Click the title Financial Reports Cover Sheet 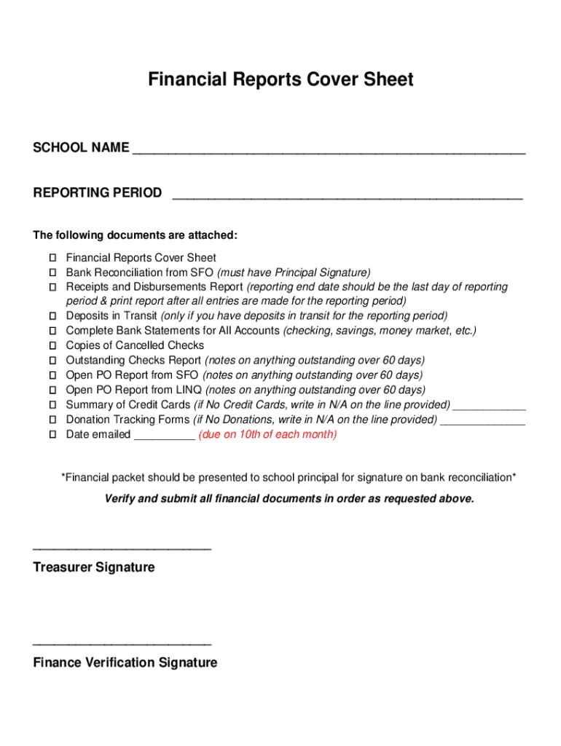click(280, 79)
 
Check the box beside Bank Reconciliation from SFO click(53, 272)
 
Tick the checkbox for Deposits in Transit click(53, 316)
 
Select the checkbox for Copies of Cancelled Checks click(53, 346)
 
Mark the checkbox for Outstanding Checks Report click(53, 361)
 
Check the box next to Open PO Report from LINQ click(53, 390)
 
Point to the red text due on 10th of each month click(267, 435)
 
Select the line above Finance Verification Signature click(122, 644)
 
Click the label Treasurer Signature click(94, 568)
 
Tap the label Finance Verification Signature click(125, 663)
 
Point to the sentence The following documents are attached click(136, 235)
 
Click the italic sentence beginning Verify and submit click(289, 499)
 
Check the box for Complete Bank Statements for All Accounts click(53, 331)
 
